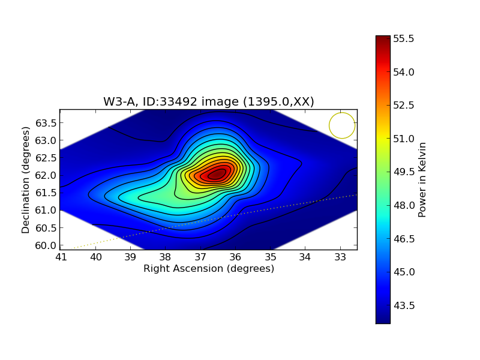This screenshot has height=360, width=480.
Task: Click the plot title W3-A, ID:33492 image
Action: (208, 101)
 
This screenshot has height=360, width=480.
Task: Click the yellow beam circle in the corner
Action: (342, 125)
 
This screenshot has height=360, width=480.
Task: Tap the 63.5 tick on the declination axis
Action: (46, 123)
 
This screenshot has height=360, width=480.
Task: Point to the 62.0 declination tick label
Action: (46, 175)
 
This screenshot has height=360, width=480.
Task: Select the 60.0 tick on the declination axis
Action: (46, 245)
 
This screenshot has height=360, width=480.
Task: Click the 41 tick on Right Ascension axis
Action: (61, 257)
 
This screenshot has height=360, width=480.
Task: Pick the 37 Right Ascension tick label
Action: (200, 257)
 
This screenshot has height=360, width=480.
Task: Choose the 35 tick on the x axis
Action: (271, 257)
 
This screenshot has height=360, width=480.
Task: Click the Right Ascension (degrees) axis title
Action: (208, 269)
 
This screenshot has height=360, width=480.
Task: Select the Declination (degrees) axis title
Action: (26, 179)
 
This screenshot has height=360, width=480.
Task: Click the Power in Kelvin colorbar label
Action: (422, 179)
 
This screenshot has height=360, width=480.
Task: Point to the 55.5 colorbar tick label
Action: (404, 39)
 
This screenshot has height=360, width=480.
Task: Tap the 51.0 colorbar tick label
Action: (404, 139)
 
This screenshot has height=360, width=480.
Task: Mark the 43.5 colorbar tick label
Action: (404, 305)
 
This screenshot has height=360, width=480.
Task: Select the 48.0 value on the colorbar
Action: (404, 205)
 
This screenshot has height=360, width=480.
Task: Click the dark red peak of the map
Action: (217, 174)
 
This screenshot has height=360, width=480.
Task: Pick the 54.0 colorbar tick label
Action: (404, 72)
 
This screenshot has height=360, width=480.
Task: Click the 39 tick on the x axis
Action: (131, 257)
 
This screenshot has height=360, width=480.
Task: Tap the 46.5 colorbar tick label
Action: (404, 239)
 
